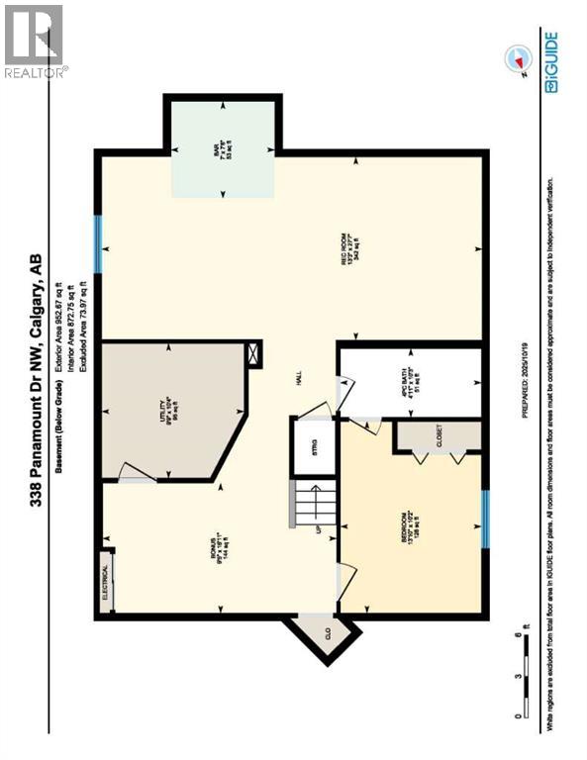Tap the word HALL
pos(296,377)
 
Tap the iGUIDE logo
pos(550,61)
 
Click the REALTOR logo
pos(34,40)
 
